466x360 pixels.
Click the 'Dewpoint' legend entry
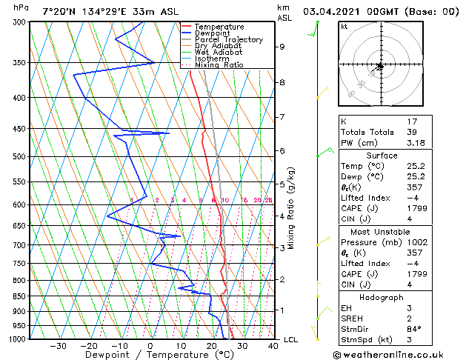click(213, 33)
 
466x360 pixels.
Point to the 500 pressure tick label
click(19, 157)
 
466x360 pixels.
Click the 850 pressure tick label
click(19, 296)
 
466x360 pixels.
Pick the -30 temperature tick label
click(58, 345)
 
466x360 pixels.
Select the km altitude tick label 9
click(282, 47)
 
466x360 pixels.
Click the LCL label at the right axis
click(291, 339)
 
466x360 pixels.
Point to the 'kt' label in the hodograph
click(344, 26)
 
